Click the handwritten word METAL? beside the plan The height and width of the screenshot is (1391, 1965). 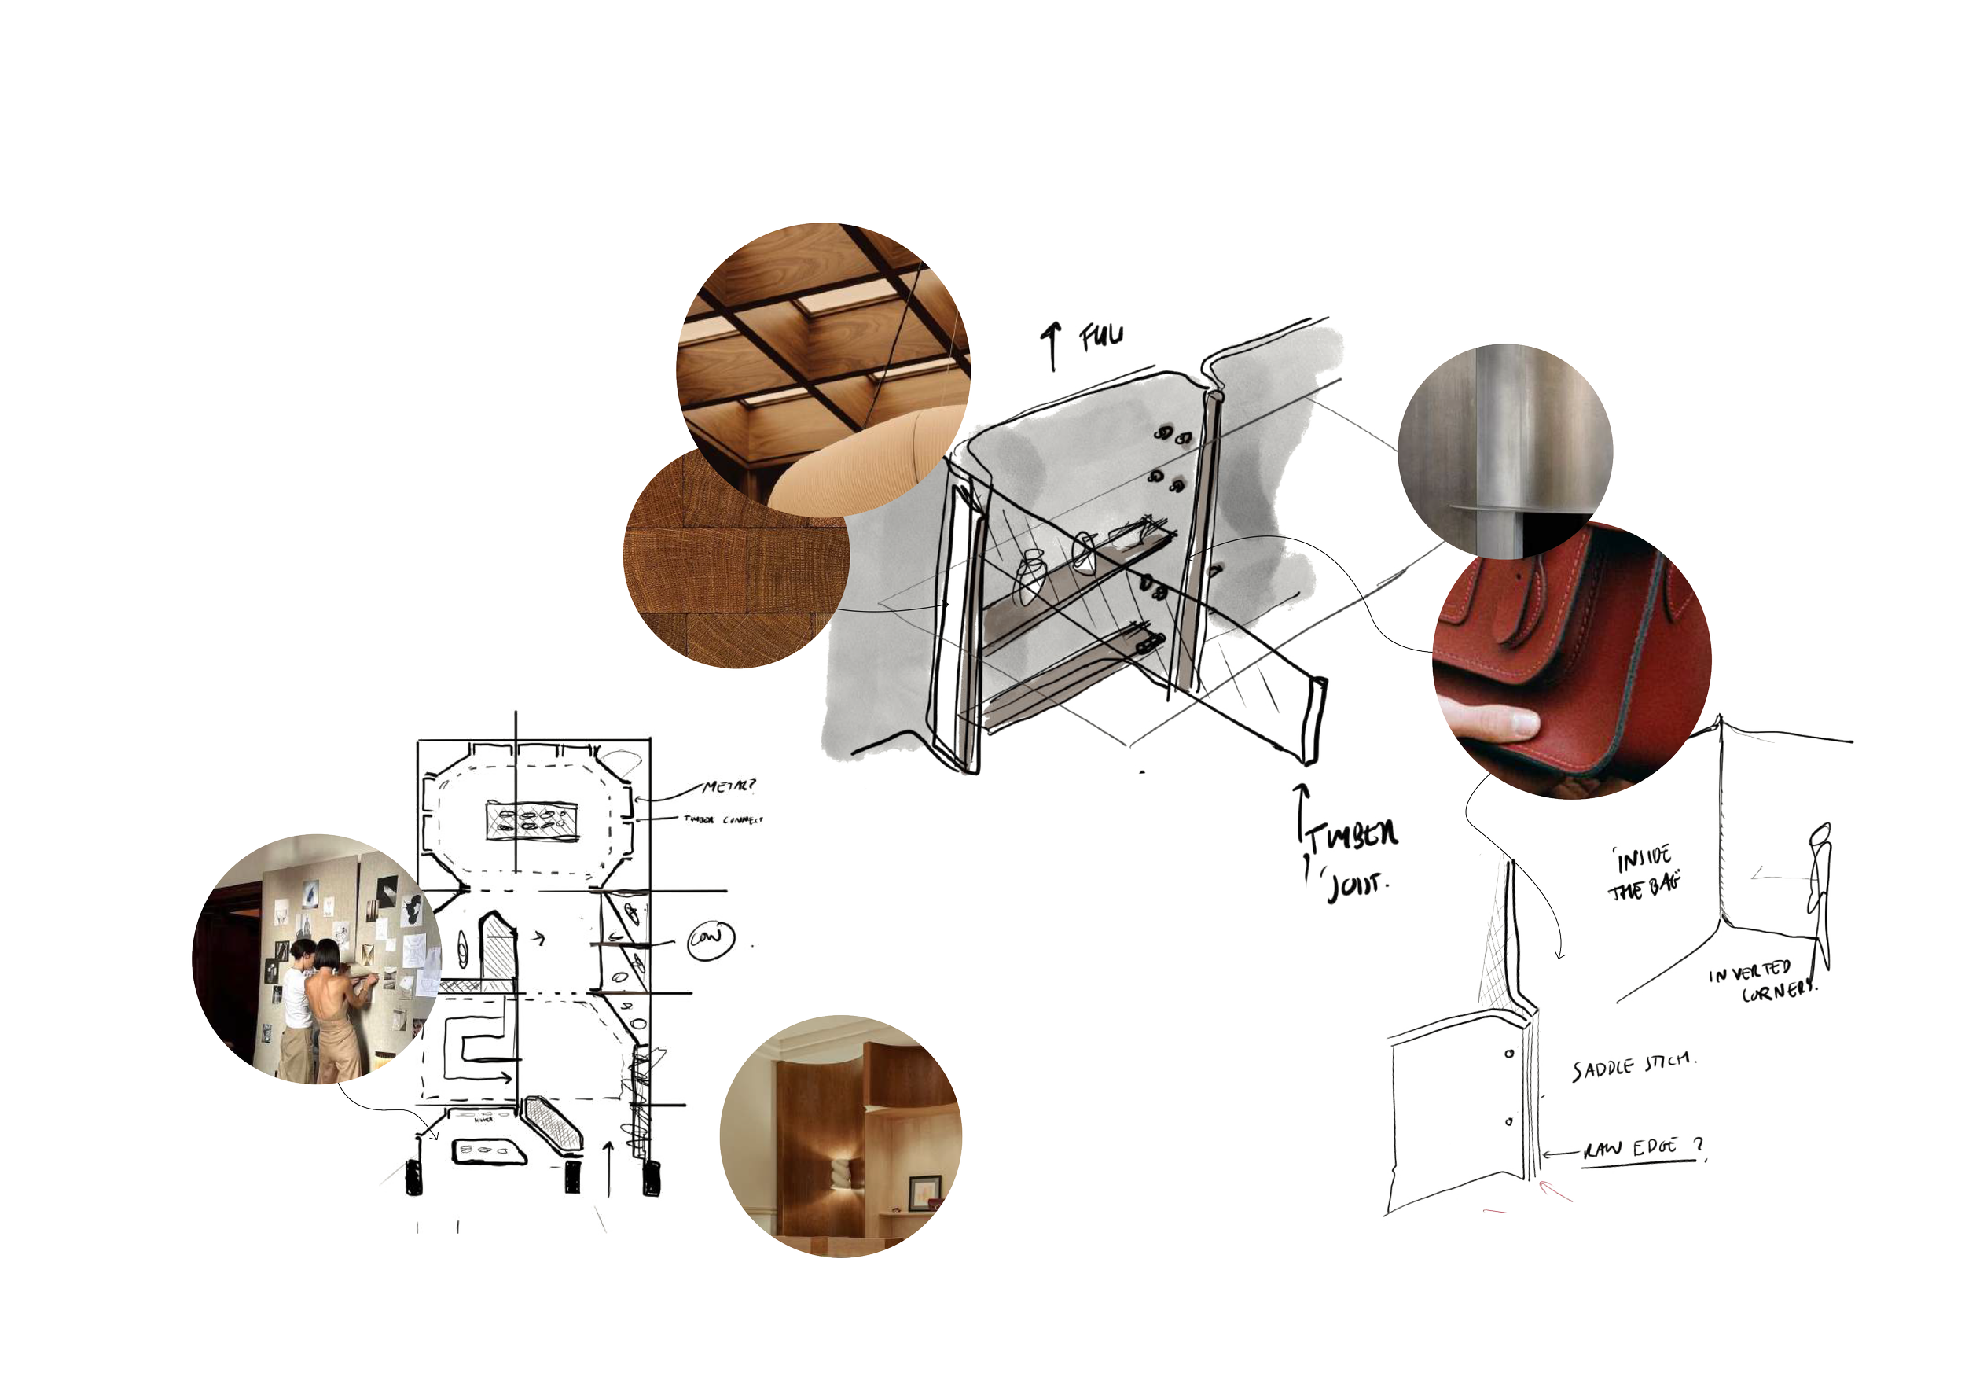tap(729, 786)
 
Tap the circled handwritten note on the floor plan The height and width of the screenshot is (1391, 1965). tap(711, 939)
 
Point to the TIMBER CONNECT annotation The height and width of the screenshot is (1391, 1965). tap(722, 819)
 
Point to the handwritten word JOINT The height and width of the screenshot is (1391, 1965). tap(1355, 885)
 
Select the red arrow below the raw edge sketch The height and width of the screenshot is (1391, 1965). tap(1555, 1190)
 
